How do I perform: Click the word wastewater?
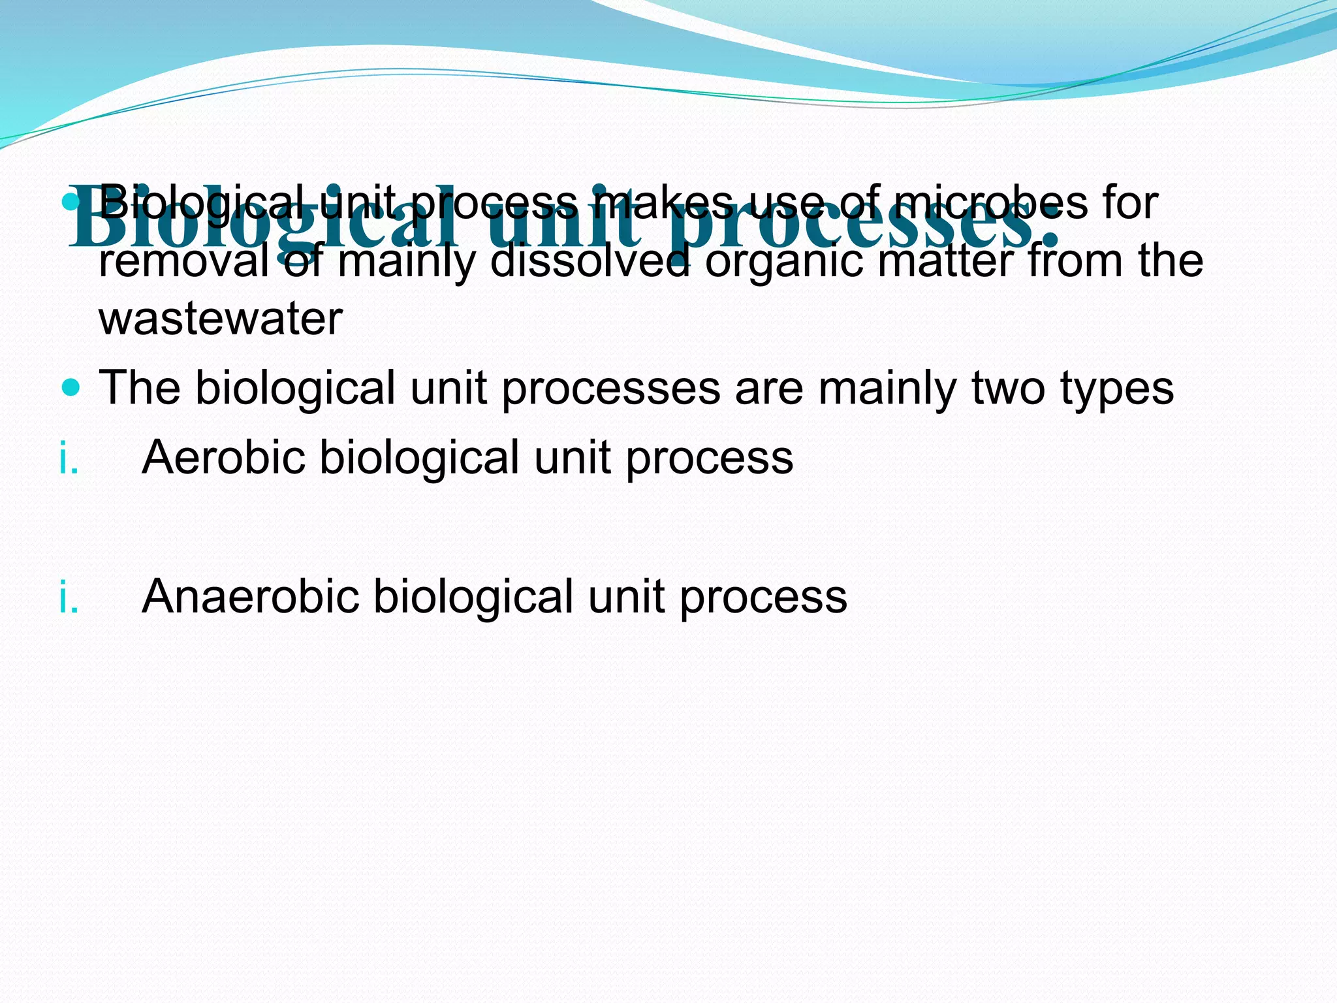[221, 319]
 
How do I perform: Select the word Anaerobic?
[250, 596]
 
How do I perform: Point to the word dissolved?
[590, 261]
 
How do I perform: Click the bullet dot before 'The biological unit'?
[71, 389]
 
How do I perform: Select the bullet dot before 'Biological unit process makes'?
[71, 202]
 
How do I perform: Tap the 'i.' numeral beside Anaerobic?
[69, 597]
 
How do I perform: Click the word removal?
[183, 261]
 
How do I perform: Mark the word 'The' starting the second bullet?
[139, 389]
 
